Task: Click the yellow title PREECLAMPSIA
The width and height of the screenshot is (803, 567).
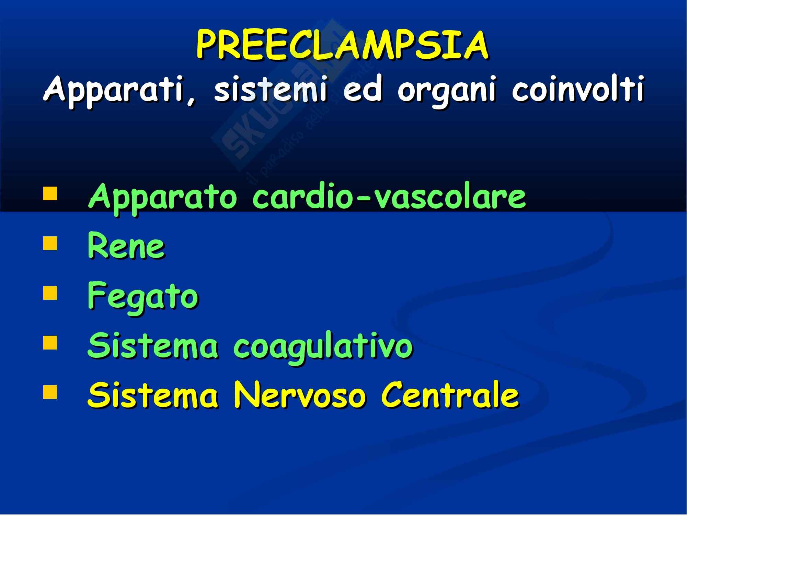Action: coord(342,45)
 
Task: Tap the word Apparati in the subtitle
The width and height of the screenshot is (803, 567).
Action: coord(119,90)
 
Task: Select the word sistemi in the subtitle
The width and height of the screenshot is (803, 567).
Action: coord(271,89)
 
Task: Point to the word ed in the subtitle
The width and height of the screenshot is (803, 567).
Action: coord(362,89)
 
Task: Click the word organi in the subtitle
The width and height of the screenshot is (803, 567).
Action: coord(447,92)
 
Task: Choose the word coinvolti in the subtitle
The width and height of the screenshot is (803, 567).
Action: coord(578,89)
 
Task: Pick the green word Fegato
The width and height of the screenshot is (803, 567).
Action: coord(143,298)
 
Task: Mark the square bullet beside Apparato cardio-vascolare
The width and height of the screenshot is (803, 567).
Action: coord(50,193)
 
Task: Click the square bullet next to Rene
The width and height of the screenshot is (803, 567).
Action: coord(50,244)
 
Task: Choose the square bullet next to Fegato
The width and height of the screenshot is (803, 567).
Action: coord(50,293)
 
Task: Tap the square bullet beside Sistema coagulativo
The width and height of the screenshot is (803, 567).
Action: coord(50,343)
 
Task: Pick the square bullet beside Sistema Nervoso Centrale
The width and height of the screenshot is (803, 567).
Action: coord(50,392)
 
